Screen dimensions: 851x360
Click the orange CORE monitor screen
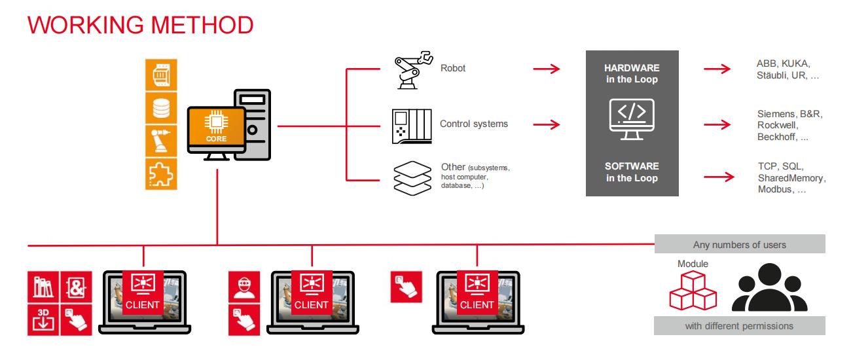[217, 127]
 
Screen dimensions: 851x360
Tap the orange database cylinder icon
[161, 108]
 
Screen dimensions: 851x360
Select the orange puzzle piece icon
[161, 174]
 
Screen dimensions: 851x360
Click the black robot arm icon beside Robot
[413, 70]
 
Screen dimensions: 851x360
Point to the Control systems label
[474, 124]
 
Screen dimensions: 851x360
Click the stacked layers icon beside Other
[412, 178]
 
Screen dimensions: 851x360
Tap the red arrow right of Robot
[547, 69]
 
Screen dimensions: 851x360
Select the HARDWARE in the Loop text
[632, 74]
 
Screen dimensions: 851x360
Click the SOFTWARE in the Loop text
[632, 172]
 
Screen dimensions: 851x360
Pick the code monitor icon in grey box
[632, 119]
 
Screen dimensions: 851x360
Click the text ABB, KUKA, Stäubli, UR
[787, 69]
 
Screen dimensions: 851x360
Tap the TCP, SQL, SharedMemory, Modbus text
[791, 178]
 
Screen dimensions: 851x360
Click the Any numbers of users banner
[740, 243]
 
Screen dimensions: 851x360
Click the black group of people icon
[770, 287]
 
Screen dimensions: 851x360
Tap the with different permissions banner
[739, 326]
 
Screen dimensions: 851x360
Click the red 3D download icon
[43, 320]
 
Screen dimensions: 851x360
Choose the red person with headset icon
[244, 287]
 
